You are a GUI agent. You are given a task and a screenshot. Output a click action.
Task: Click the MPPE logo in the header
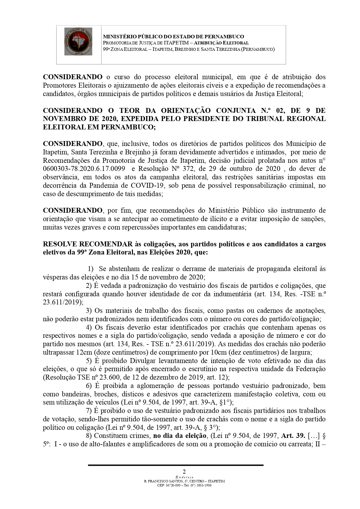[x=78, y=41]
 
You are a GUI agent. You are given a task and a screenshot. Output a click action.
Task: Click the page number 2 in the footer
[x=184, y=471]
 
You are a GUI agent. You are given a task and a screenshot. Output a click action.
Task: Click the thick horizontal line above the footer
[x=176, y=465]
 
